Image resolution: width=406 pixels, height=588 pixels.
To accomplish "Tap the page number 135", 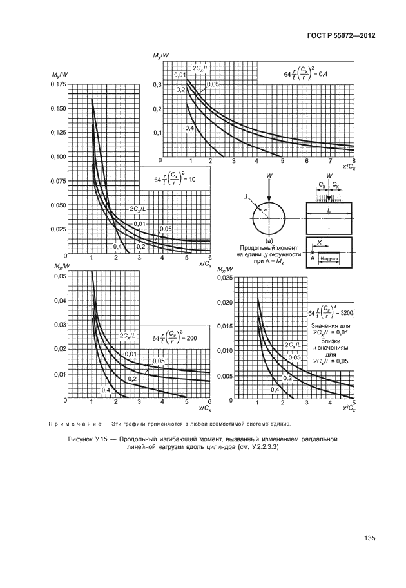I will coord(370,538).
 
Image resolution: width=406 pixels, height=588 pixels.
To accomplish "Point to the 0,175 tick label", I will coord(58,84).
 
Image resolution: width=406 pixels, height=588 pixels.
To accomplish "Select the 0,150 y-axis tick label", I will coord(58,108).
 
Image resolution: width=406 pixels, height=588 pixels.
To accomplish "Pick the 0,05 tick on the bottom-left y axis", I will coord(59,276).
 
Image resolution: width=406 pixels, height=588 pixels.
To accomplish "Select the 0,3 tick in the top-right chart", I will coord(157,85).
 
